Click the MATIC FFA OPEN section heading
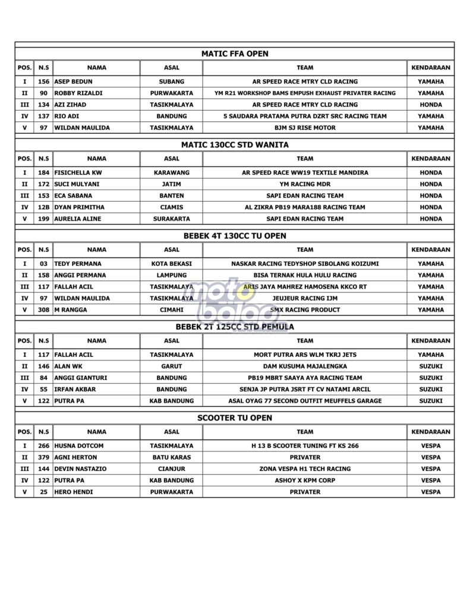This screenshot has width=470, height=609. pyautogui.click(x=235, y=54)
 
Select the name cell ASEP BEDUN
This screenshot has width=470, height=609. pyautogui.click(x=73, y=81)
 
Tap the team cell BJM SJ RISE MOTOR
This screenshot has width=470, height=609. pyautogui.click(x=305, y=127)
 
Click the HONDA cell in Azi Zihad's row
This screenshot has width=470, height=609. pyautogui.click(x=430, y=105)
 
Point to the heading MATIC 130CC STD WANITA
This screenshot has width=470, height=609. pyautogui.click(x=235, y=145)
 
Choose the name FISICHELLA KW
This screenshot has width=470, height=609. pyautogui.click(x=78, y=172)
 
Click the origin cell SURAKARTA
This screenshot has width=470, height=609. pyautogui.click(x=171, y=219)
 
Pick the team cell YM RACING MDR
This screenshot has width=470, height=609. pyautogui.click(x=305, y=184)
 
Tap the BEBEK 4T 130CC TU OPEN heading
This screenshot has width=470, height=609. pyautogui.click(x=235, y=236)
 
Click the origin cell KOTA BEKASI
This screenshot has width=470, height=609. pyautogui.click(x=171, y=263)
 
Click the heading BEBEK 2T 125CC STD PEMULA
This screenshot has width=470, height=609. pyautogui.click(x=235, y=327)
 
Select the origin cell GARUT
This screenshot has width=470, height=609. pyautogui.click(x=171, y=366)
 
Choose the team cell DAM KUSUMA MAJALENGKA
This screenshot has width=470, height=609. pyautogui.click(x=305, y=366)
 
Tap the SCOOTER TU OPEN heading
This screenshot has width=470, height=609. pyautogui.click(x=235, y=418)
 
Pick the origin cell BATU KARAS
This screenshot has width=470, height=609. pyautogui.click(x=171, y=457)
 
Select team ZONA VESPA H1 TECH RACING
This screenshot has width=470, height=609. pyautogui.click(x=305, y=469)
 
